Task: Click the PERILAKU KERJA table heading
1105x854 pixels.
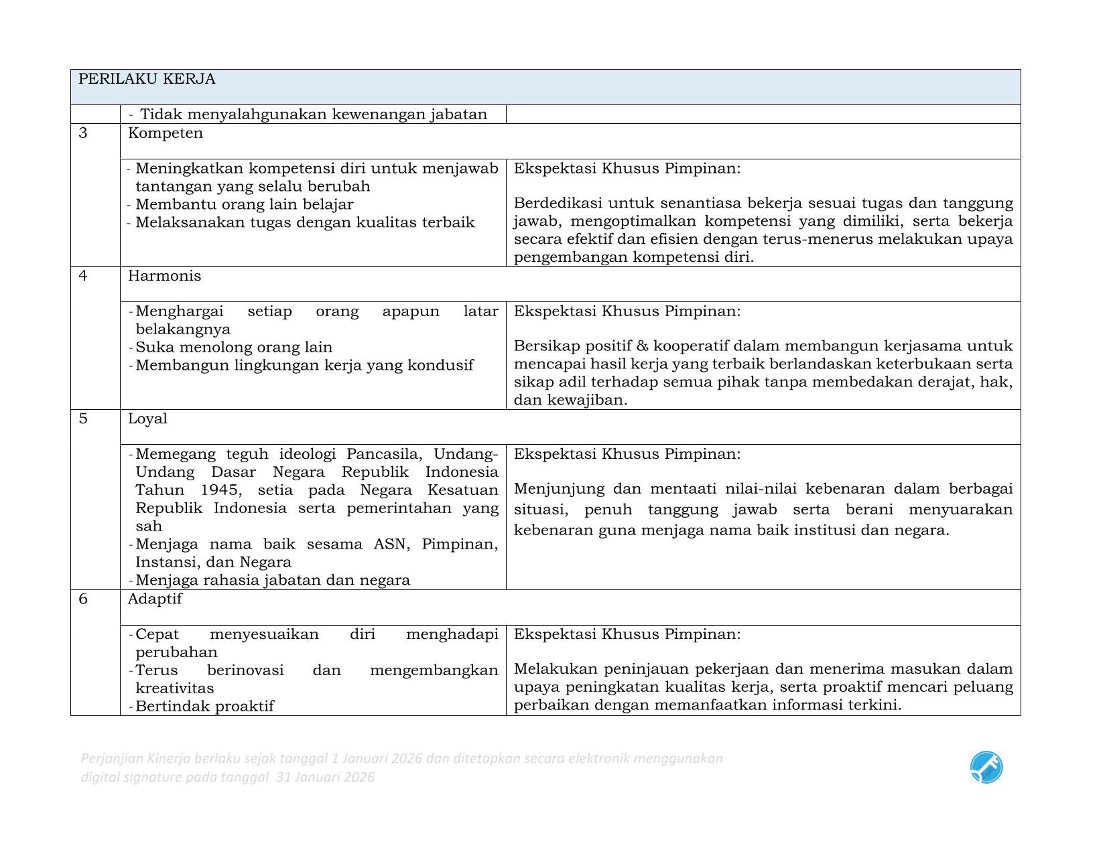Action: coord(147,79)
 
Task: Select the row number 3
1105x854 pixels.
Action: coord(83,133)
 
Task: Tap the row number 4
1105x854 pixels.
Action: coord(83,276)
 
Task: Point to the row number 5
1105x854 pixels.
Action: coord(83,419)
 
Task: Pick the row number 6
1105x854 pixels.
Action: coord(83,599)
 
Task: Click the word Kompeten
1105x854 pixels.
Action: coord(165,133)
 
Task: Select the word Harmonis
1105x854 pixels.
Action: coord(164,276)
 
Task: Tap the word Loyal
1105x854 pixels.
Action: coord(147,419)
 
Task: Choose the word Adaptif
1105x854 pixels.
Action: coord(155,599)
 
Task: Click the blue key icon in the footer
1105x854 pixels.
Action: coord(986,767)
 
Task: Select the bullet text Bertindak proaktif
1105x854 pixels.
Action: coord(204,706)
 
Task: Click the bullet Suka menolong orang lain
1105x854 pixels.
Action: coord(234,347)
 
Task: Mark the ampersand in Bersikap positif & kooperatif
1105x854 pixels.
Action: coord(642,346)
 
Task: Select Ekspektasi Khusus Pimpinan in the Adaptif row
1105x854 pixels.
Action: coord(627,634)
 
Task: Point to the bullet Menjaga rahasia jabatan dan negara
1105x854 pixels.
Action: coord(272,580)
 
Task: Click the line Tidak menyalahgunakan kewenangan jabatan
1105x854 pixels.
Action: coord(313,115)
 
